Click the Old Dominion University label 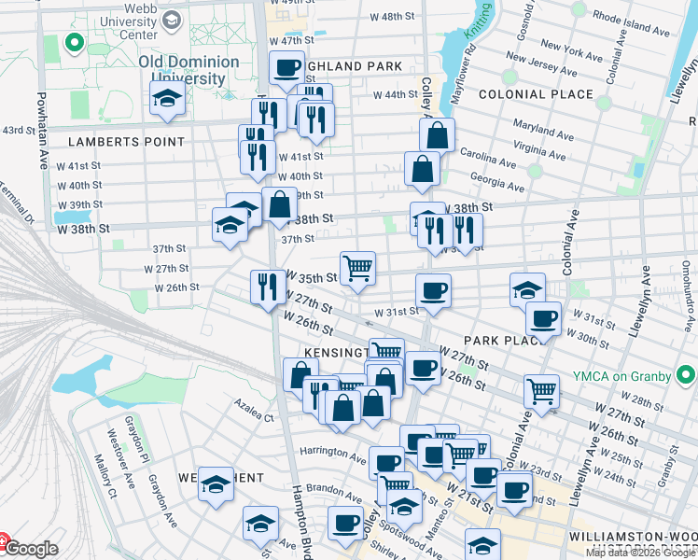coord(188,70)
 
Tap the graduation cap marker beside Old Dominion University coord(167,98)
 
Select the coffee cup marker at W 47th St coord(286,68)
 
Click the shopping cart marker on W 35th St coord(357,269)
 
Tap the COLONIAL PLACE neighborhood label coord(535,94)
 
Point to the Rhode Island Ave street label coord(631,30)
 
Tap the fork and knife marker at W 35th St coord(269,287)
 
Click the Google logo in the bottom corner coord(30,550)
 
